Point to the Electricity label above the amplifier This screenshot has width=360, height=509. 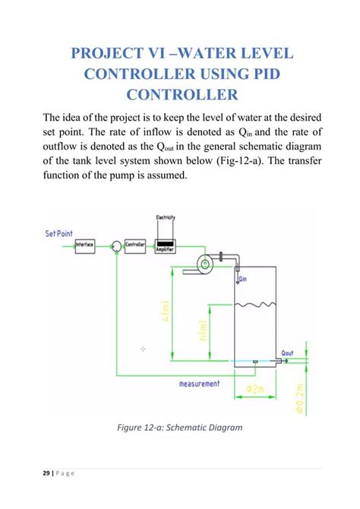(165, 219)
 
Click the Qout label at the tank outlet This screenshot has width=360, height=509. (288, 353)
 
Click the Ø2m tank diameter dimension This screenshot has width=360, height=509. (254, 390)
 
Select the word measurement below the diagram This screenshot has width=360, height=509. (199, 384)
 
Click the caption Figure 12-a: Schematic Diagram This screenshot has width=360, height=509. (180, 428)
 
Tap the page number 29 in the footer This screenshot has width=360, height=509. (46, 473)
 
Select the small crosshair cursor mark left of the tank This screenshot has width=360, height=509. (142, 349)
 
